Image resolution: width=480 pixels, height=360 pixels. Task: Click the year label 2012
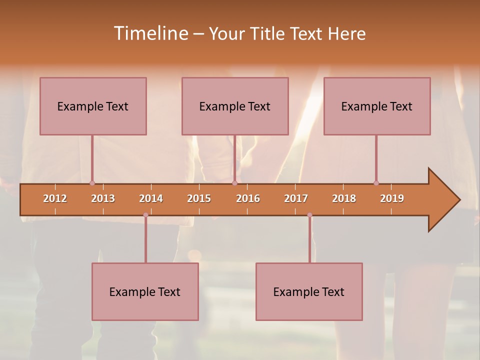point(55,198)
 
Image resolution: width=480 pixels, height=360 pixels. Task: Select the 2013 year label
point(103,198)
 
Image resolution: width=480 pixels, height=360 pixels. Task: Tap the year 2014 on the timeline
point(151,198)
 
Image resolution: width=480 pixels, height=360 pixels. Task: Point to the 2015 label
point(199,198)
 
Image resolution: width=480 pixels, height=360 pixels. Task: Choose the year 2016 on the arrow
point(248,198)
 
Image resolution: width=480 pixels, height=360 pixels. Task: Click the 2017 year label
point(296,198)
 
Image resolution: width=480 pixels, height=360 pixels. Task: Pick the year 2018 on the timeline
point(344,198)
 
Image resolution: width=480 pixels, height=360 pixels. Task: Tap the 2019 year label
point(392,198)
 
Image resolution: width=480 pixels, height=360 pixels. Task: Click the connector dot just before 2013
point(92,183)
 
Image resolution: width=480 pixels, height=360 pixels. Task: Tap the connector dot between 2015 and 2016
point(234,183)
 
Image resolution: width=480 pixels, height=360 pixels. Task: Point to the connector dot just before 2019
point(376,183)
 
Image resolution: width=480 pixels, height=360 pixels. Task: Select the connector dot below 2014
point(145,215)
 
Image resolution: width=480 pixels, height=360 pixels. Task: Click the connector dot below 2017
point(309,215)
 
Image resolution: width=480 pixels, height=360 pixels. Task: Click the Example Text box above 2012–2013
point(93,106)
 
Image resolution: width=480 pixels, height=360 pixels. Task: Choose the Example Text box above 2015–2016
point(235,106)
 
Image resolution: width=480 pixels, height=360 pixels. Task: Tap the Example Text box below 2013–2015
point(145,291)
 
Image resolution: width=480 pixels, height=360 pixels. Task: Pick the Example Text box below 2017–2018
point(309,291)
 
